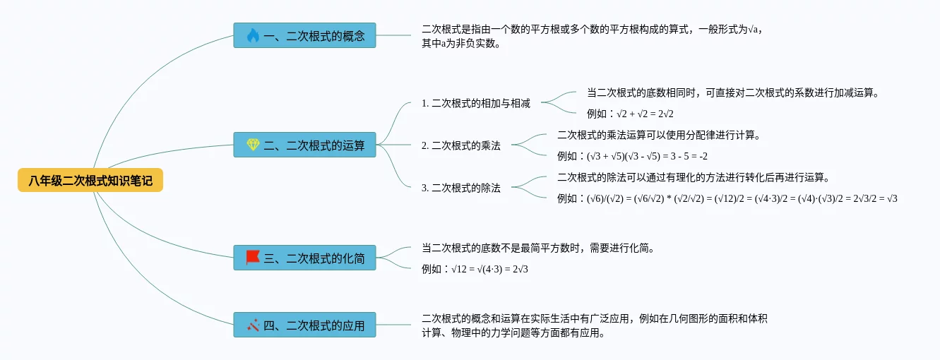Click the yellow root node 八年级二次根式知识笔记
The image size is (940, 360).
[x=90, y=181]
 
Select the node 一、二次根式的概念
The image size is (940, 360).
[x=304, y=35]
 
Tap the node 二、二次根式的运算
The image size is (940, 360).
[x=304, y=145]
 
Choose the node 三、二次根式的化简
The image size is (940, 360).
[x=304, y=258]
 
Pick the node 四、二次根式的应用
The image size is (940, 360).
[x=304, y=325]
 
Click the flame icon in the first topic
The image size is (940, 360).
[x=253, y=35]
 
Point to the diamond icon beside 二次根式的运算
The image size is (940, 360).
[x=253, y=145]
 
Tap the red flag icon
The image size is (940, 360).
[x=253, y=258]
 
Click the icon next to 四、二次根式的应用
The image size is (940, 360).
[x=253, y=325]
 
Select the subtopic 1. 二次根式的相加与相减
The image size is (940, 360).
[x=475, y=103]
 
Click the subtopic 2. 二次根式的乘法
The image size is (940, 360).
[x=460, y=145]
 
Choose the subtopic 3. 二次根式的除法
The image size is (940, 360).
[x=460, y=188]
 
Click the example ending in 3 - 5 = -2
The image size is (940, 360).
[x=632, y=156]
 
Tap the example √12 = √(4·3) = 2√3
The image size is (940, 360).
[x=475, y=269]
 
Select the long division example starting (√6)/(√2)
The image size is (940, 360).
[x=727, y=198]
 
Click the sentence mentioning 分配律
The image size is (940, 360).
[x=658, y=135]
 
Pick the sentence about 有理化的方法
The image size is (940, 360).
[x=693, y=177]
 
